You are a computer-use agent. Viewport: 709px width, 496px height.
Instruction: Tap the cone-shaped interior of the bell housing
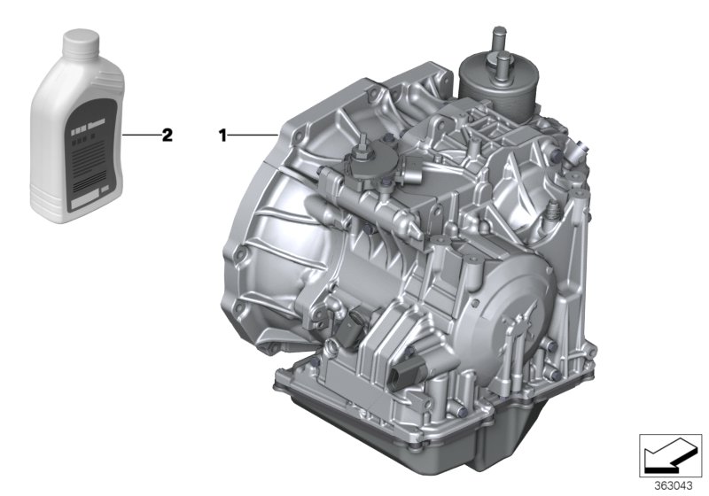pos(292,257)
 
